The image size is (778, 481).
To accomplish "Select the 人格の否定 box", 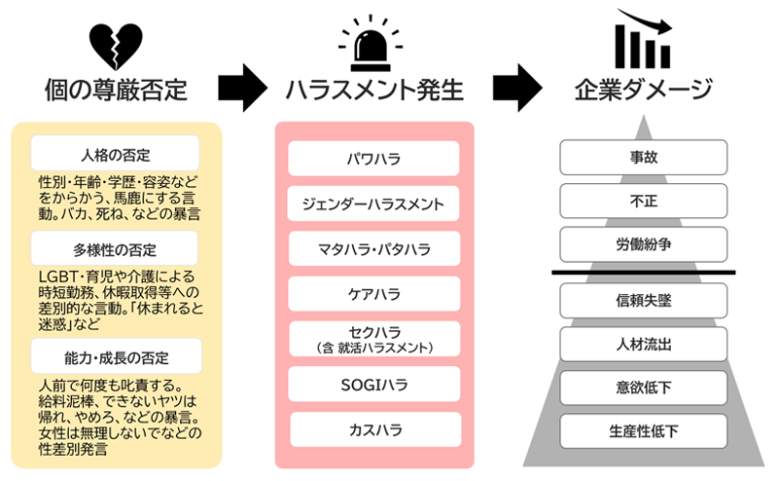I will [116, 154].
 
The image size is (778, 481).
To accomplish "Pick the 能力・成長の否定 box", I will [116, 354].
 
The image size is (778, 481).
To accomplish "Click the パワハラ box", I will [374, 158].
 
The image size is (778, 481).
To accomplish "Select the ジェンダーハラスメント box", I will [374, 203].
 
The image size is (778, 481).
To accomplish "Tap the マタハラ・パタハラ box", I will [374, 249].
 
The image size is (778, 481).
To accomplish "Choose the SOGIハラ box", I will [374, 384].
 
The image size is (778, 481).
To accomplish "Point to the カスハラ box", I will [374, 428].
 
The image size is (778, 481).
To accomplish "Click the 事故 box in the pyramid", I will [643, 157].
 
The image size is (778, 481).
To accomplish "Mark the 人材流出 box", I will [643, 343].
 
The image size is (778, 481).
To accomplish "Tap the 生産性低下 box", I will [643, 429].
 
